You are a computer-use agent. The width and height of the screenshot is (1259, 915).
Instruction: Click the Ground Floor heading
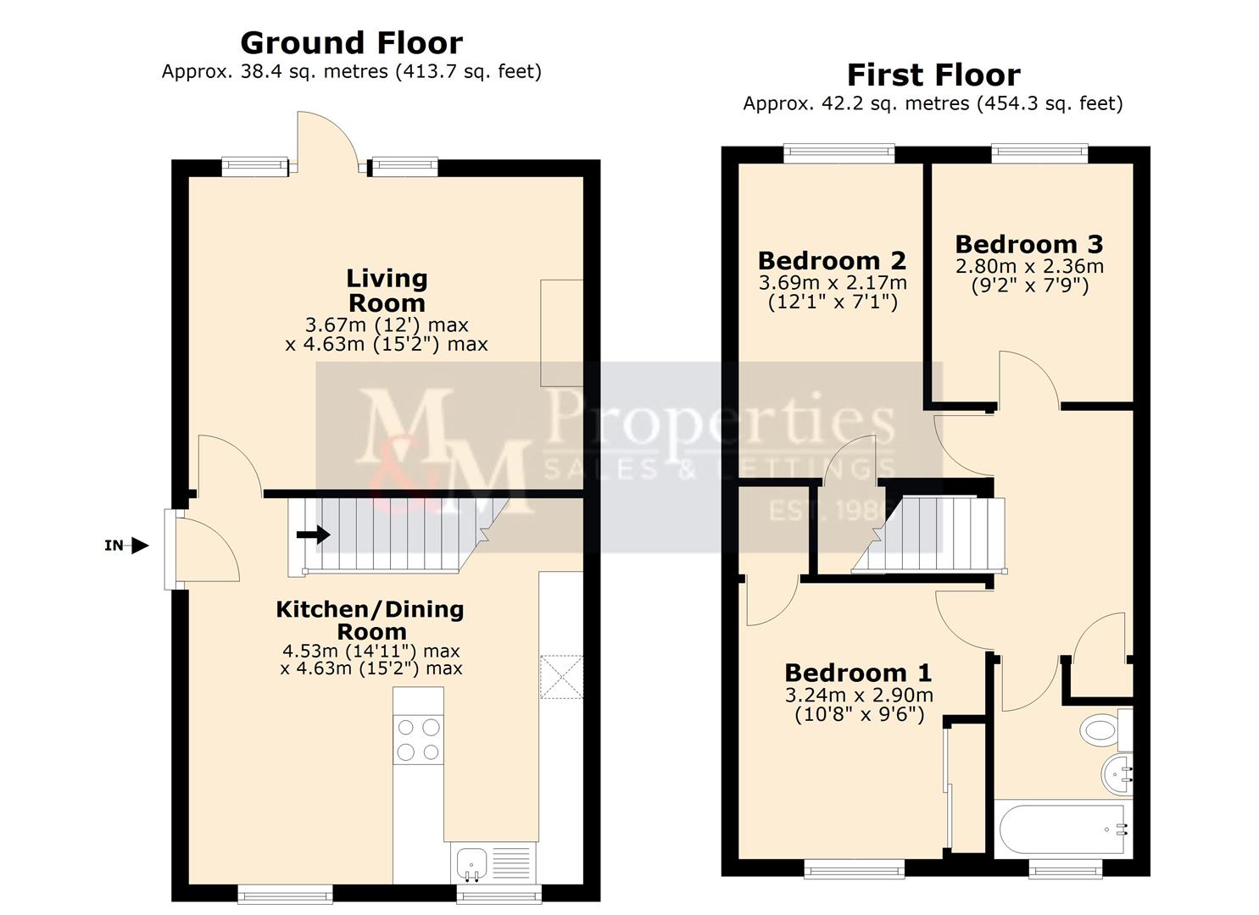351,42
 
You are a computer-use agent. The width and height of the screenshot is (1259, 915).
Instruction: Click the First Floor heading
933,75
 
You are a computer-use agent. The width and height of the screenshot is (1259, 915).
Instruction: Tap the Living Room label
387,290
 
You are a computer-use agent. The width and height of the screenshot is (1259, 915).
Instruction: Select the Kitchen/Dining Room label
370,619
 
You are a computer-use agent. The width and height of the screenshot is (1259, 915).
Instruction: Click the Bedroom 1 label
858,673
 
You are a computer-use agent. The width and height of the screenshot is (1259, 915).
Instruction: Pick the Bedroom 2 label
832,260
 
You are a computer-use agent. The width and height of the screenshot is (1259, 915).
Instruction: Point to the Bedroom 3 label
1028,244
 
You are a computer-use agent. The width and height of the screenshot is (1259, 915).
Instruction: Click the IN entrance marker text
114,546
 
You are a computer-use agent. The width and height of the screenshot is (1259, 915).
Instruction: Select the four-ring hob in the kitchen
419,739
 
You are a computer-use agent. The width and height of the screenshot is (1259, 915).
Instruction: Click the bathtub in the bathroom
1062,829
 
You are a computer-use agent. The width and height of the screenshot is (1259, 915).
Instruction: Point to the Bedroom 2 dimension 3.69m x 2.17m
832,282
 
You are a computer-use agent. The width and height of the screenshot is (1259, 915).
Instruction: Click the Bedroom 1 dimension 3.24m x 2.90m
858,696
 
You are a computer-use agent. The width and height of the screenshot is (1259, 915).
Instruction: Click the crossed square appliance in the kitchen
561,677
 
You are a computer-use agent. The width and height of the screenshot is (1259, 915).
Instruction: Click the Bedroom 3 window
1039,153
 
